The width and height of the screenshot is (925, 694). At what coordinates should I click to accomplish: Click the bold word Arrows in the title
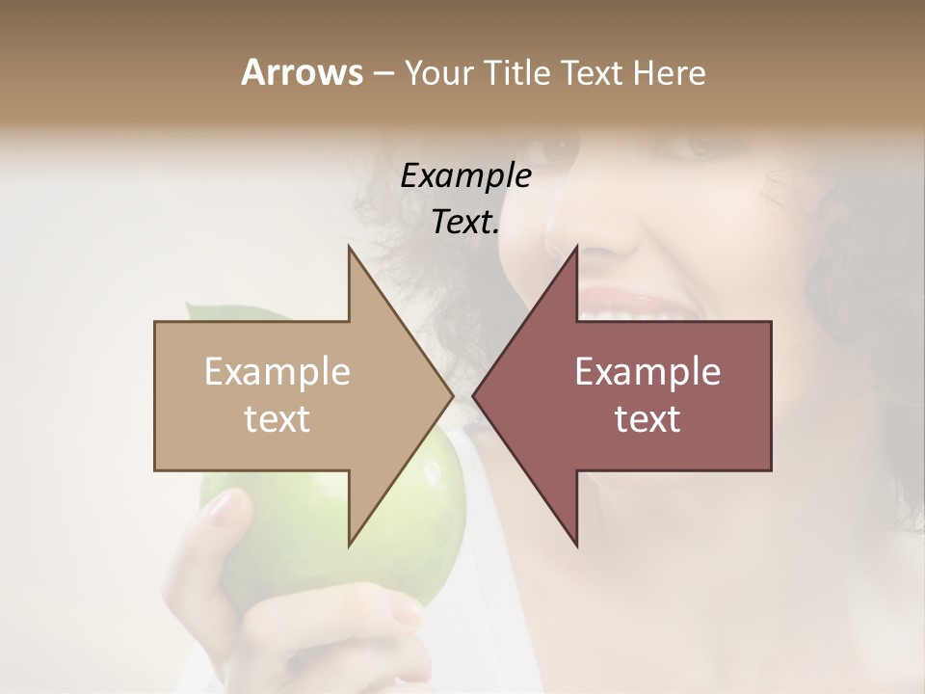click(302, 72)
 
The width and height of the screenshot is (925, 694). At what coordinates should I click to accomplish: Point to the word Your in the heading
click(437, 73)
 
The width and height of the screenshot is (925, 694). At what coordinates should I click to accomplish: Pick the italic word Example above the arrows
click(465, 176)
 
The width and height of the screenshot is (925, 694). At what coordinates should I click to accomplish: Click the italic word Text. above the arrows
click(465, 223)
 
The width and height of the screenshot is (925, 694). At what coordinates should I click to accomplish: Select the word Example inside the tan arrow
click(277, 372)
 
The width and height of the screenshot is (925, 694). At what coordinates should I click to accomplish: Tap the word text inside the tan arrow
click(277, 419)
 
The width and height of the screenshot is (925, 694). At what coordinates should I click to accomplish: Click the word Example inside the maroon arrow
click(647, 372)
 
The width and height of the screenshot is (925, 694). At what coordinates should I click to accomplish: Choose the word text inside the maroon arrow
click(647, 419)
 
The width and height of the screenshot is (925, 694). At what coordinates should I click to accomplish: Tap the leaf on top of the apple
click(207, 314)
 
